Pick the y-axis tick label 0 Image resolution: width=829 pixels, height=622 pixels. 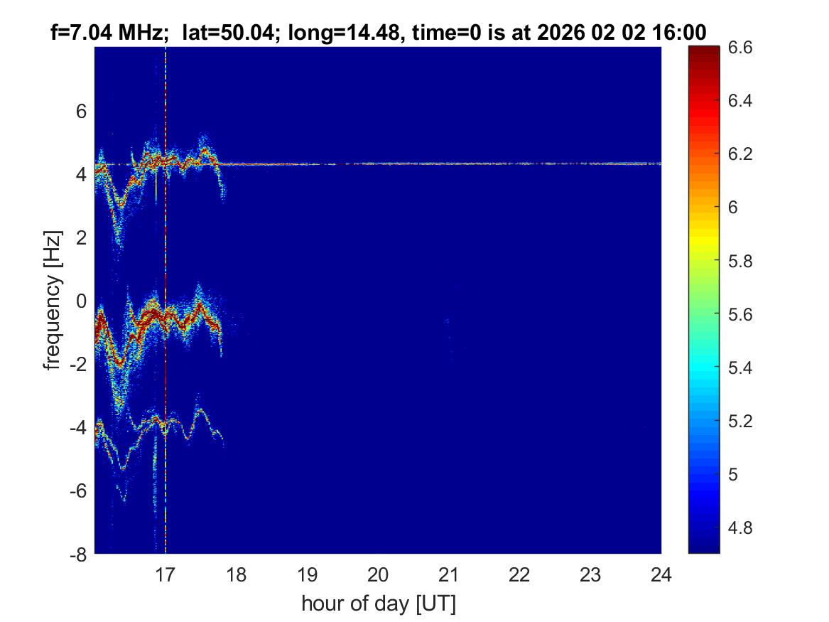(x=81, y=301)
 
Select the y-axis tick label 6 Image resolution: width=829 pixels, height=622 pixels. (x=81, y=111)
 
